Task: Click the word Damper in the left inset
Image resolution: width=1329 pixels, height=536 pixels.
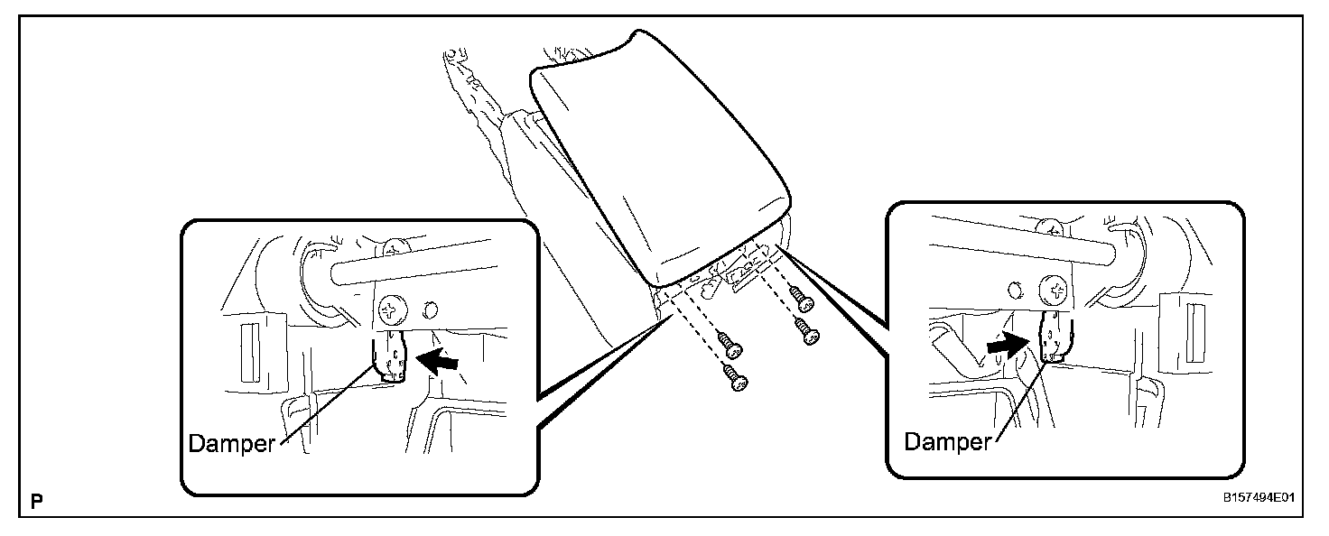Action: point(230,444)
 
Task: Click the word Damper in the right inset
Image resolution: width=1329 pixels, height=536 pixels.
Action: point(947,441)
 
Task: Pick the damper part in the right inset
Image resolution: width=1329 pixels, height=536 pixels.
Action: point(1053,337)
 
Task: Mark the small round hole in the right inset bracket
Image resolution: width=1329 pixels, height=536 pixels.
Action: point(1016,290)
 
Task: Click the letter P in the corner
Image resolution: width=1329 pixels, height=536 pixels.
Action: point(37,500)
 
